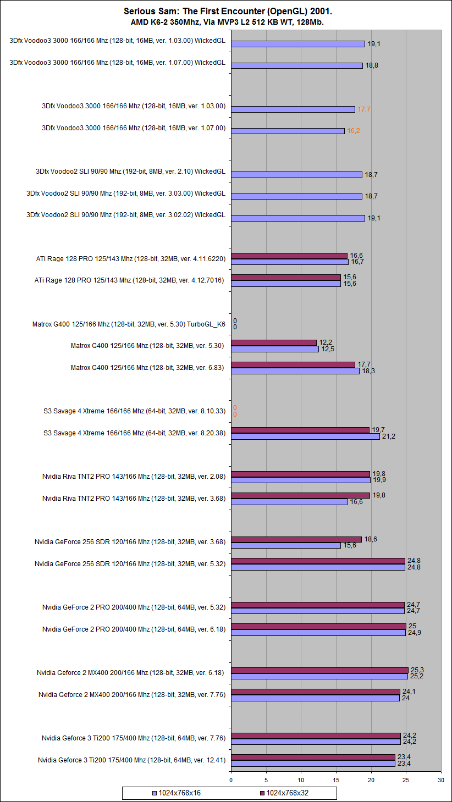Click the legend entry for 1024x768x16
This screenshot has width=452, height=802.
[x=179, y=793]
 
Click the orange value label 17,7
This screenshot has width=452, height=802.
[x=364, y=109]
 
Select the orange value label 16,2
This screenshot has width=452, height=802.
[x=353, y=131]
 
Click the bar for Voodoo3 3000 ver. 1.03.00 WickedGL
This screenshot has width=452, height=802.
[x=297, y=44]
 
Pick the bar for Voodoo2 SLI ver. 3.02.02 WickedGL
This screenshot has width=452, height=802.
[x=297, y=218]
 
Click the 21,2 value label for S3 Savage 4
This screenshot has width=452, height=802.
[x=388, y=436]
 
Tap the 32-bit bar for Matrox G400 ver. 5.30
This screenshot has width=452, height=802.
[x=273, y=343]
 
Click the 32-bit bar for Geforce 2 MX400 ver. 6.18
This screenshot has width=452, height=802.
[x=319, y=670]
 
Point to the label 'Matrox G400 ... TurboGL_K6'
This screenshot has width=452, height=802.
[x=129, y=324]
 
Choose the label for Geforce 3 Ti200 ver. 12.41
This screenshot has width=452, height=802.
[x=131, y=760]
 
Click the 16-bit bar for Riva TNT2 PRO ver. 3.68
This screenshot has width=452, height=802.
[x=289, y=502]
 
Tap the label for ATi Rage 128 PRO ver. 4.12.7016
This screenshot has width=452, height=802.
[x=130, y=280]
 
